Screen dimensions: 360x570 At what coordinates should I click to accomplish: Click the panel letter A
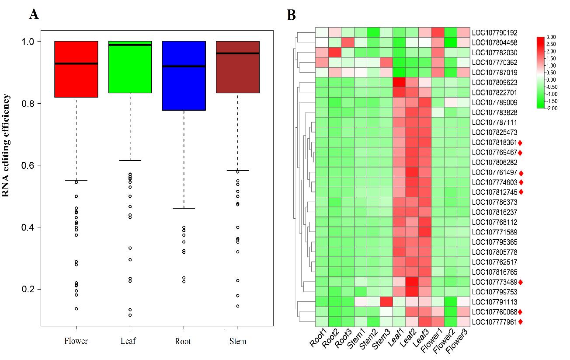coord(34,14)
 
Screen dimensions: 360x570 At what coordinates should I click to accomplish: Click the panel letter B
coord(291,15)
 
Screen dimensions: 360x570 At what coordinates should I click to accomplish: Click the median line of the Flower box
coord(76,64)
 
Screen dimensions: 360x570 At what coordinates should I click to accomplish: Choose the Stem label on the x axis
coord(238,341)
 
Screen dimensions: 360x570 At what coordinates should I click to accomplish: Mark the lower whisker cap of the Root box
coord(184,208)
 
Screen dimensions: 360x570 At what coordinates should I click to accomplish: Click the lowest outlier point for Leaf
coord(130,315)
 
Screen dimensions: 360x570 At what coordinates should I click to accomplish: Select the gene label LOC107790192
coord(494,32)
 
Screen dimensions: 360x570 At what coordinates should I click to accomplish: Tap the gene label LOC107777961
coord(494,322)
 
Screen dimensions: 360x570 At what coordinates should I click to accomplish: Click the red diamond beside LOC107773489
coord(521,283)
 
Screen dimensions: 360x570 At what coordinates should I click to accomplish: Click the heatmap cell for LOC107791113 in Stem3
coord(386,302)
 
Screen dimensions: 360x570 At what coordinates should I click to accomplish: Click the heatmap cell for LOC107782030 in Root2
coord(334,52)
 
